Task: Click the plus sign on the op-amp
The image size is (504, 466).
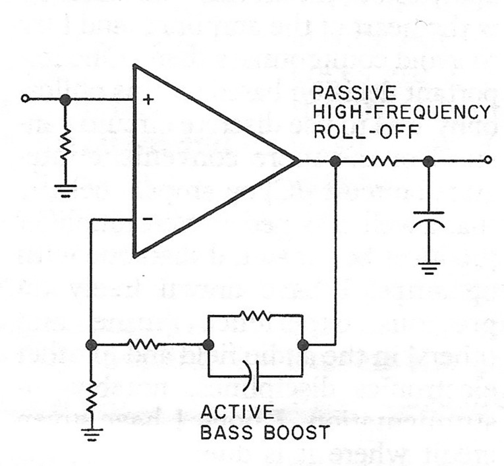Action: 148,100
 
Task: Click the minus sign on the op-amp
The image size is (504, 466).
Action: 148,219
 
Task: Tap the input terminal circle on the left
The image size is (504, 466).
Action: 25,98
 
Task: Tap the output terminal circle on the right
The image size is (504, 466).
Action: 488,160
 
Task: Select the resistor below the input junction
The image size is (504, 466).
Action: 65,144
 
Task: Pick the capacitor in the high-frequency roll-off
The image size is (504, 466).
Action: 428,219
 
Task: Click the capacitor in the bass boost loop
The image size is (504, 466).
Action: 252,376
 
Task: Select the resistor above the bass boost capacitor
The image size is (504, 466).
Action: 256,316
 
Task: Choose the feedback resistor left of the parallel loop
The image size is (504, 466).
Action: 144,345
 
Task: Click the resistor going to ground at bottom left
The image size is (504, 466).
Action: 92,397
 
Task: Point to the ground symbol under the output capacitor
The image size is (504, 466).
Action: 429,268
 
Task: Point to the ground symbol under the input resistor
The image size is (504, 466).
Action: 65,190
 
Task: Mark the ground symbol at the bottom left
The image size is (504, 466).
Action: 92,434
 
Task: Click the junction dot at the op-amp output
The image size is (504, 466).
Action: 335,161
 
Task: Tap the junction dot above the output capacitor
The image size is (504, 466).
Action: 428,161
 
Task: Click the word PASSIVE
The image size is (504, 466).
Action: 354,93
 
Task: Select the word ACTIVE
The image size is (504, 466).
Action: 238,412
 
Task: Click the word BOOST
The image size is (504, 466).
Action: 296,432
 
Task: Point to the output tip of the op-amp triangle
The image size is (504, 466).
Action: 299,160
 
